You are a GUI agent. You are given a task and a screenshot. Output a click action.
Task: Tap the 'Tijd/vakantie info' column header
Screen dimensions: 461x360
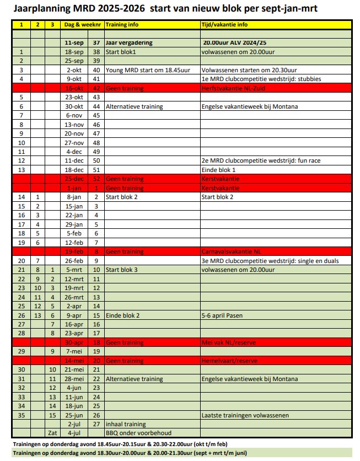(224, 25)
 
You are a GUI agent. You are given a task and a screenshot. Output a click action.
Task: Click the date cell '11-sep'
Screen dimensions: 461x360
(74, 42)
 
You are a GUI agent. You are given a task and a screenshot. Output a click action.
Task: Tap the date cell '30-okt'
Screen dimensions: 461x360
(74, 106)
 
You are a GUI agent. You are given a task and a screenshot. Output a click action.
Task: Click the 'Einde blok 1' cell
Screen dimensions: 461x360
(218, 170)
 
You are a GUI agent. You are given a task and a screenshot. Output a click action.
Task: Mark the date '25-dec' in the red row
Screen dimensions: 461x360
(74, 179)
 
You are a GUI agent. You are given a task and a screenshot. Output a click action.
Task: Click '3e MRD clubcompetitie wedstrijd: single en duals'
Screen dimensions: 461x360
(270, 260)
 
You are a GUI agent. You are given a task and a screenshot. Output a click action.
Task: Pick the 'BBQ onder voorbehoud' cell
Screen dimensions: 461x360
(136, 433)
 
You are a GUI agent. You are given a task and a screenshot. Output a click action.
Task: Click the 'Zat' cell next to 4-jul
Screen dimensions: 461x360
(52, 433)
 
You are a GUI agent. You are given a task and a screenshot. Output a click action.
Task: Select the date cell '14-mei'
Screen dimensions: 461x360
(74, 360)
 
